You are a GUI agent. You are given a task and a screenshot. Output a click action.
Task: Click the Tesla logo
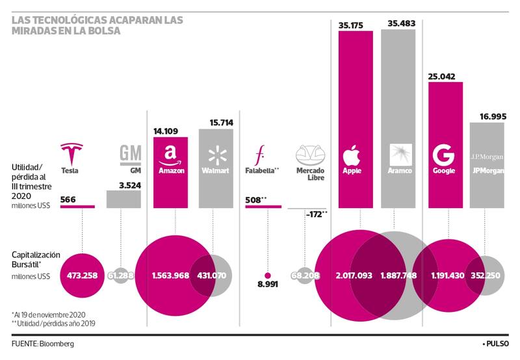click(x=74, y=154)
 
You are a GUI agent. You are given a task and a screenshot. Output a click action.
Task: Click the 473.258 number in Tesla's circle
click(x=82, y=276)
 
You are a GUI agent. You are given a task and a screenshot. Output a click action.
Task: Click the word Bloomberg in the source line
click(x=57, y=343)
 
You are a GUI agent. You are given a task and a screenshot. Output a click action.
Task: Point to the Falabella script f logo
click(x=260, y=155)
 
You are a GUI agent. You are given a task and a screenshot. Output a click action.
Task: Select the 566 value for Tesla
click(x=68, y=199)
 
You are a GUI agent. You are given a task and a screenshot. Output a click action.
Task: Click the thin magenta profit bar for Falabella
click(x=263, y=207)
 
